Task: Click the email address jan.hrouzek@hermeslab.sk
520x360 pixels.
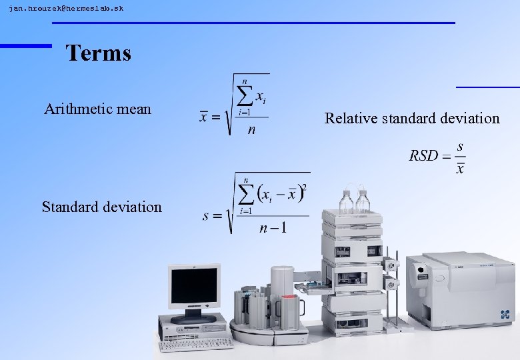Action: click(x=66, y=9)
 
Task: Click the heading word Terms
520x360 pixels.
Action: click(x=99, y=53)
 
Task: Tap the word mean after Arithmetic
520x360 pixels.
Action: click(x=135, y=109)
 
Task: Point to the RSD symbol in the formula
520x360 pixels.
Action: click(x=423, y=156)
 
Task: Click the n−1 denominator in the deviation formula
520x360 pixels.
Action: click(x=273, y=229)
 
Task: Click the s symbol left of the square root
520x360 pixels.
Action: click(x=207, y=216)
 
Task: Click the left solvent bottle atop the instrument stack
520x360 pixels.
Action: click(x=346, y=201)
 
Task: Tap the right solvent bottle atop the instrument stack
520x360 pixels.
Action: click(x=363, y=201)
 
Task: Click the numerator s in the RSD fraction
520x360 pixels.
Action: click(x=461, y=146)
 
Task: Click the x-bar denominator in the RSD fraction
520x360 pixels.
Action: click(x=460, y=168)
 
